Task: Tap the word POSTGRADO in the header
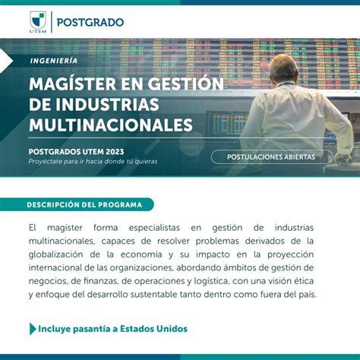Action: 90,23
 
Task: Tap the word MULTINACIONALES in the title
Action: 111,123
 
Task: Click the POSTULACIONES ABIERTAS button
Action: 273,157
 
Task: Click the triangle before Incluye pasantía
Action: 33,328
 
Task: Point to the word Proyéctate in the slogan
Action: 48,161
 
